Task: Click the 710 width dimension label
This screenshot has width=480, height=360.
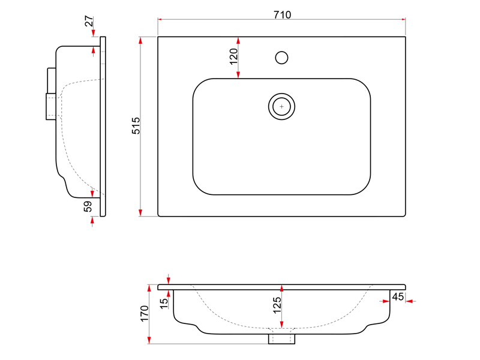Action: tap(282, 14)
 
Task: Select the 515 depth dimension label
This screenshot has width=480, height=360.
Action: tap(136, 125)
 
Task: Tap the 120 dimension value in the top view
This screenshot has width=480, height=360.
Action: tap(233, 56)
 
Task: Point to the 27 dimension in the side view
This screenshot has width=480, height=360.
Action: tap(89, 21)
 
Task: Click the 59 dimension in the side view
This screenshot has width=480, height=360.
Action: tap(88, 206)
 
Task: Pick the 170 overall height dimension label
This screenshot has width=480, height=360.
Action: tap(145, 313)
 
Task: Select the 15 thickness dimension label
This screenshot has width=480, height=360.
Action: tap(164, 303)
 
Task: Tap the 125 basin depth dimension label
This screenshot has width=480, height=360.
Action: tap(277, 305)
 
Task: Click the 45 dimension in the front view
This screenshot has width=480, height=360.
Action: tap(398, 296)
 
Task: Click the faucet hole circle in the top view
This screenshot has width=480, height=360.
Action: tap(281, 58)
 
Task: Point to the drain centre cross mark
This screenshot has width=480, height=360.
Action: tap(281, 107)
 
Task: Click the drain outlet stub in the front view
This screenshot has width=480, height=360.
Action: tap(281, 339)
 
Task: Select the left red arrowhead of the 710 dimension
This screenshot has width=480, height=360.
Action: tap(160, 19)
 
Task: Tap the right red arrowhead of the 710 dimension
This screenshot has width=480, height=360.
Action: tap(403, 19)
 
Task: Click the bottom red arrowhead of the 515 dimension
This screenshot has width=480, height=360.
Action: tap(140, 213)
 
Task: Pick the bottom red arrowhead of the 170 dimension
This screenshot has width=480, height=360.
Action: tap(149, 340)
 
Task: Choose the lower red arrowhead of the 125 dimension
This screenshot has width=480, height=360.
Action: tap(281, 325)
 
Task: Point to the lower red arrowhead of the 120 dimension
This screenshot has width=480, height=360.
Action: tap(238, 74)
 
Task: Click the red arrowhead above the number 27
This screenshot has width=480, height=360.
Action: tap(94, 33)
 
